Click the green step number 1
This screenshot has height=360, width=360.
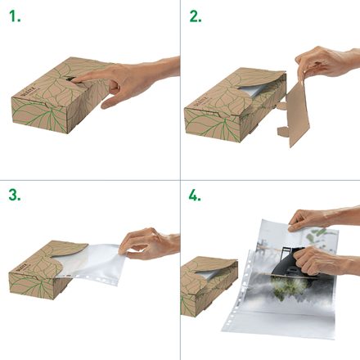coord(15,16)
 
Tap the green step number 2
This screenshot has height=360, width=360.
coord(196,16)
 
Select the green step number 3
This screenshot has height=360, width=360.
coord(15,195)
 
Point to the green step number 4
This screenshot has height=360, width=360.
coord(195,195)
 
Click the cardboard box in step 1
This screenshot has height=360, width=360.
coord(59,96)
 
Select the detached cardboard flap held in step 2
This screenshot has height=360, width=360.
coord(296,115)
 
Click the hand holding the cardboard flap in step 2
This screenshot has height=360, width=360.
coord(327,62)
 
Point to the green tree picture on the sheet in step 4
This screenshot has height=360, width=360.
coord(290,288)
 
